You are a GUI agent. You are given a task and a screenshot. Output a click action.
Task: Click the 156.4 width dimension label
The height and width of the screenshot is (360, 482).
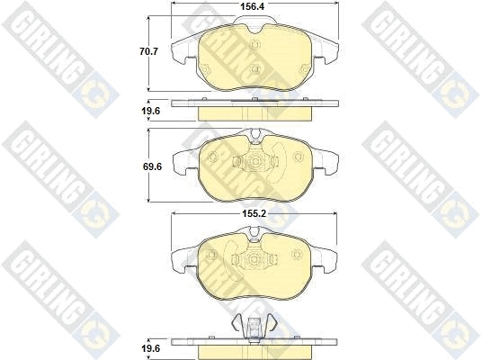[253, 6]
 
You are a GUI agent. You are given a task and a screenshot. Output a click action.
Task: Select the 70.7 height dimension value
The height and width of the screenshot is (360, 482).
[148, 51]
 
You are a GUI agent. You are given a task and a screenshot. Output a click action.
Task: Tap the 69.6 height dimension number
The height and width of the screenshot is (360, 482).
[152, 166]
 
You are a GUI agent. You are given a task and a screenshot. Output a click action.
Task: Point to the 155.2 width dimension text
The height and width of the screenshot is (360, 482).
[254, 213]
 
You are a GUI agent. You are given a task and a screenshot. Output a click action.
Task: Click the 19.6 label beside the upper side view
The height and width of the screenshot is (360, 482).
[151, 111]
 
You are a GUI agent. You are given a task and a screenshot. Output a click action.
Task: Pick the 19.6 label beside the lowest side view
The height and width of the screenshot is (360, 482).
[151, 348]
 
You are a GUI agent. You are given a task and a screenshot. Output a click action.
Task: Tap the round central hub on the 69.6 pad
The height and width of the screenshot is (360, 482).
[254, 161]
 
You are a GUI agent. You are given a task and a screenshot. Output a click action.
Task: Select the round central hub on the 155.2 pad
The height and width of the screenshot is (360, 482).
[254, 259]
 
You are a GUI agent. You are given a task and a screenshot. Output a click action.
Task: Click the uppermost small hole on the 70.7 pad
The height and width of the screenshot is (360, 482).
[255, 45]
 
